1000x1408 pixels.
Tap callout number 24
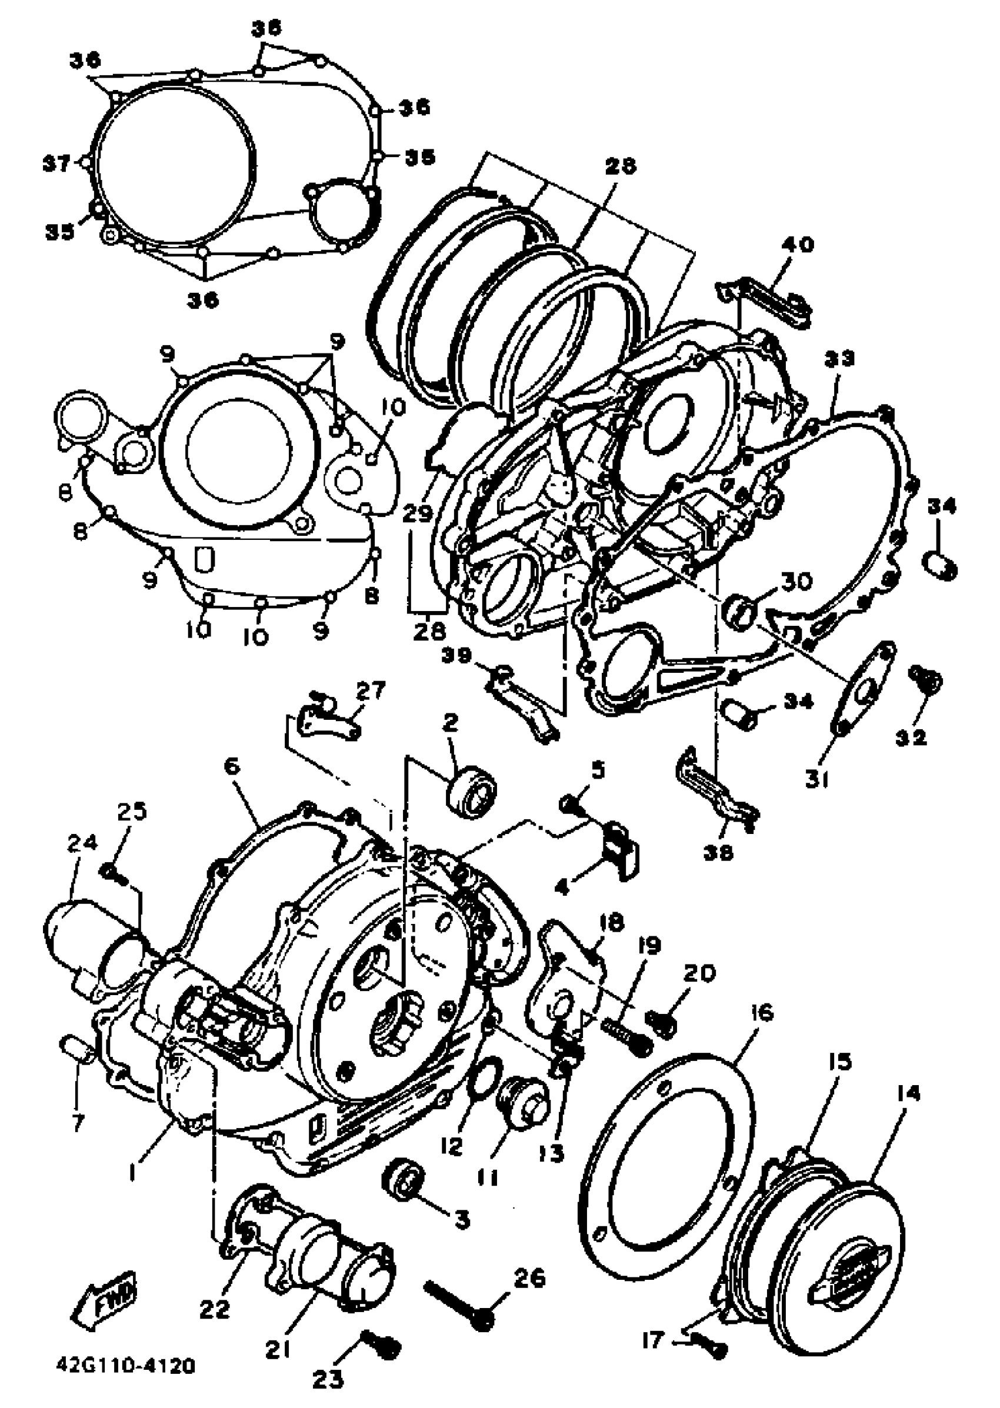click(x=82, y=843)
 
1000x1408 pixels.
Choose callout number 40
click(x=798, y=245)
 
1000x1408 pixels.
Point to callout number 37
click(x=56, y=164)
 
